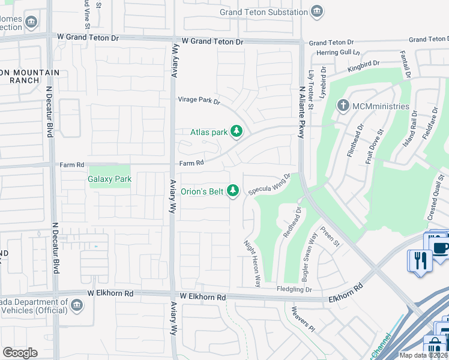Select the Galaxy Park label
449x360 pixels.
109,179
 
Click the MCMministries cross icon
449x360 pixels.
343,106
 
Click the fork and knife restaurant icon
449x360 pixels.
420,260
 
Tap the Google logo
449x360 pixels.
20,352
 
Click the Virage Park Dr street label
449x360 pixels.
199,100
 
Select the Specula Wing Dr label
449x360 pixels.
270,181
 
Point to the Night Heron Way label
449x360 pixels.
252,263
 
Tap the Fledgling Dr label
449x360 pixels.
295,289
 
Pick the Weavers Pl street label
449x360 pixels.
303,319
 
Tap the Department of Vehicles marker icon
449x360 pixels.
76,305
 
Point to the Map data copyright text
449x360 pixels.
424,355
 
